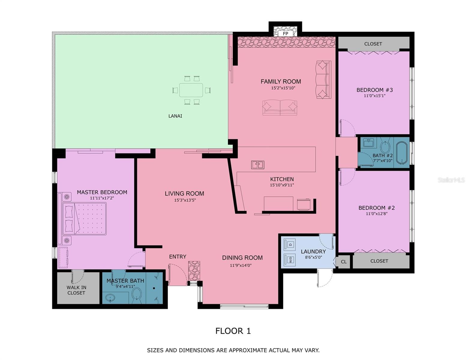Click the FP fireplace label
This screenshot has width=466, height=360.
pyautogui.click(x=285, y=34)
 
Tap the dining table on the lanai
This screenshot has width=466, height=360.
pyautogui.click(x=191, y=90)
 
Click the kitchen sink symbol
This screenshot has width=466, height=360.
pyautogui.click(x=257, y=165)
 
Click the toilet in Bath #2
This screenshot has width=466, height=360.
pyautogui.click(x=385, y=147)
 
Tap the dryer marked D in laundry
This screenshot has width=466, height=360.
pyautogui.click(x=290, y=244)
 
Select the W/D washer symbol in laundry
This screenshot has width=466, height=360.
pyautogui.click(x=290, y=259)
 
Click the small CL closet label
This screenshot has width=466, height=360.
pyautogui.click(x=344, y=262)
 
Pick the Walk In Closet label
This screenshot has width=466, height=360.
pyautogui.click(x=77, y=290)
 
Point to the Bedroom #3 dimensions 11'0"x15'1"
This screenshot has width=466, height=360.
pyautogui.click(x=374, y=96)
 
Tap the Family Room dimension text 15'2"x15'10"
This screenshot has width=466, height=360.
pyautogui.click(x=283, y=88)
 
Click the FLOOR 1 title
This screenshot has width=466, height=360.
pyautogui.click(x=233, y=331)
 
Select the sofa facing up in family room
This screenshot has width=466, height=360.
pyautogui.click(x=280, y=108)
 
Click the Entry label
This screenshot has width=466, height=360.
pyautogui.click(x=178, y=257)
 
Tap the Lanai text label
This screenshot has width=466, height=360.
pyautogui.click(x=175, y=116)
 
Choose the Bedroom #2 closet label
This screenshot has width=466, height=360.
pyautogui.click(x=379, y=261)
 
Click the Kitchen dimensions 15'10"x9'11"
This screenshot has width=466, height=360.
pyautogui.click(x=282, y=185)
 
